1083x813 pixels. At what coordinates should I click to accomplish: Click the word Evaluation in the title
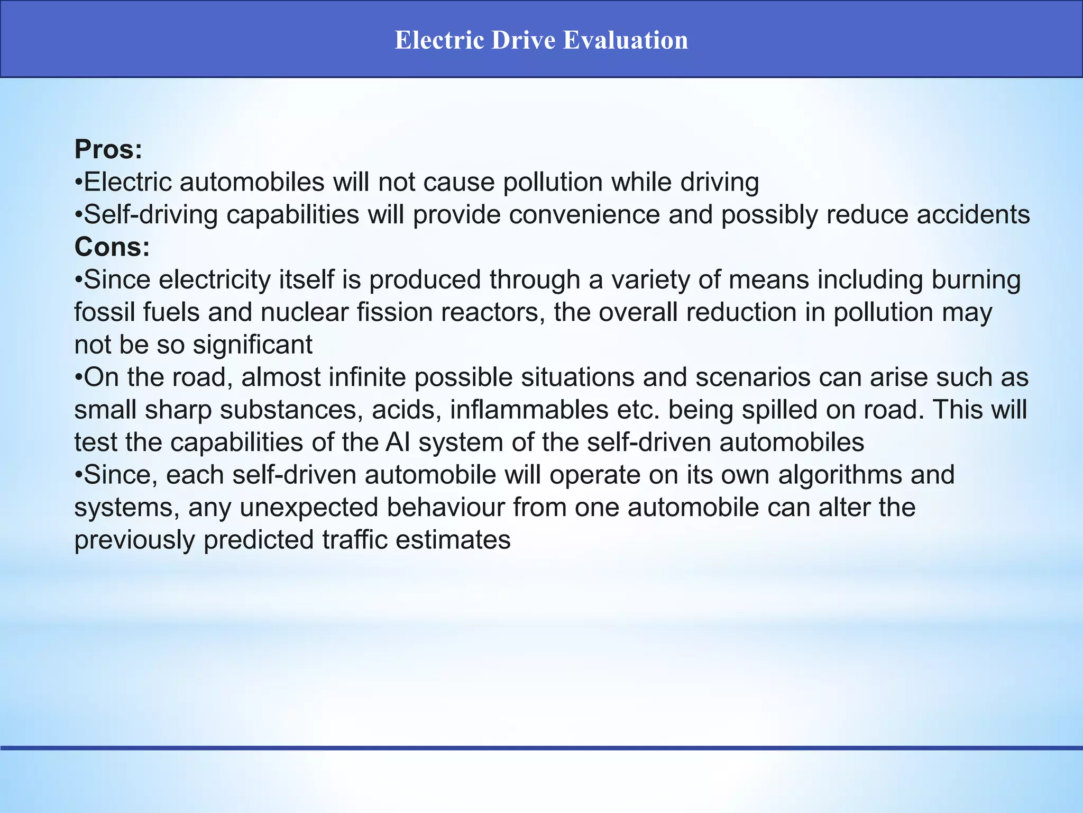(625, 40)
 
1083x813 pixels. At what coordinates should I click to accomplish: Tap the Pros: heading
(108, 149)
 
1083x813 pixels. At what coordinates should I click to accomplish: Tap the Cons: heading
(112, 247)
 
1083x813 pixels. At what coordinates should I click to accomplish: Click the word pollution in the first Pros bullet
(553, 182)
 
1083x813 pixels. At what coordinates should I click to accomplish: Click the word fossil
(104, 312)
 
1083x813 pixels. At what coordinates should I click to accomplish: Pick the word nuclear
(304, 312)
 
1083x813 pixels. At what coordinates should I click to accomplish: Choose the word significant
(253, 345)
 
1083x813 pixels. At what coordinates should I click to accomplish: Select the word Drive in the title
(523, 40)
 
